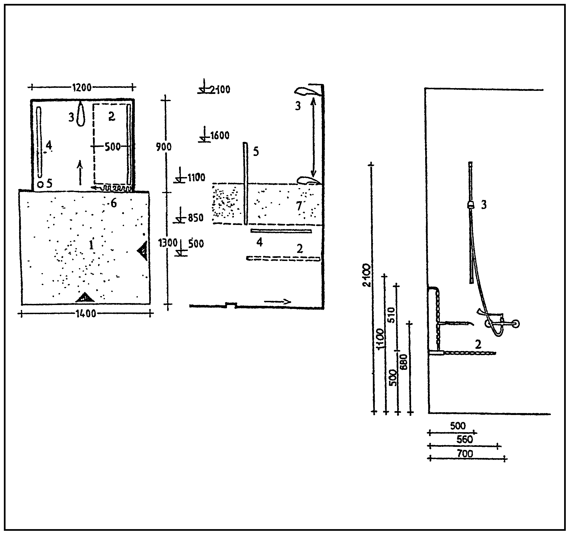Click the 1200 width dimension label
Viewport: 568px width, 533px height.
[x=82, y=87]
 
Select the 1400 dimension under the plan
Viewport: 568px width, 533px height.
[x=86, y=314]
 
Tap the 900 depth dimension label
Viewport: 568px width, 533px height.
[x=164, y=147]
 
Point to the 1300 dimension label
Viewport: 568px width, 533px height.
[x=168, y=243]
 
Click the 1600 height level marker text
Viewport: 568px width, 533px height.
[x=220, y=135]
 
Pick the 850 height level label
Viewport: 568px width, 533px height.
[x=196, y=218]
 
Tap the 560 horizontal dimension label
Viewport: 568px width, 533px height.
[x=464, y=439]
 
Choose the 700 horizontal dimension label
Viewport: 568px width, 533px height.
[x=465, y=453]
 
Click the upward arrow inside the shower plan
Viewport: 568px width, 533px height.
[x=80, y=172]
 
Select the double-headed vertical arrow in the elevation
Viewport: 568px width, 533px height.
[x=313, y=137]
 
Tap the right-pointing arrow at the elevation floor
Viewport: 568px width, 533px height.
[x=277, y=302]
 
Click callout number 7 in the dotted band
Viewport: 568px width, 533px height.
[x=299, y=206]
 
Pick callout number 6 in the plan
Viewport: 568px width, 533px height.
[x=113, y=203]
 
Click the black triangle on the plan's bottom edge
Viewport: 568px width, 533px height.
[x=85, y=298]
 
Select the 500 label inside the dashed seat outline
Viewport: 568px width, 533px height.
[x=112, y=147]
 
